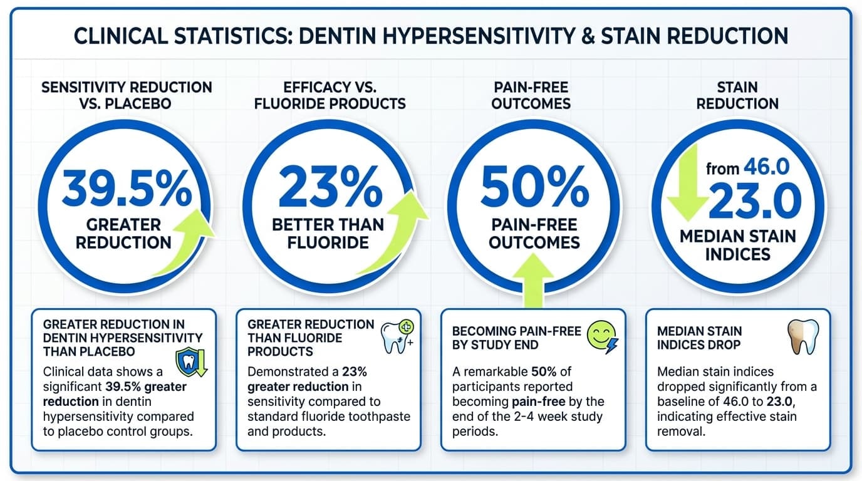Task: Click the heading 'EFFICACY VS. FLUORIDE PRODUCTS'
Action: click(330, 95)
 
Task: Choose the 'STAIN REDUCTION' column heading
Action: click(737, 95)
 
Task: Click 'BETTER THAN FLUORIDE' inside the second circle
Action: click(328, 233)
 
